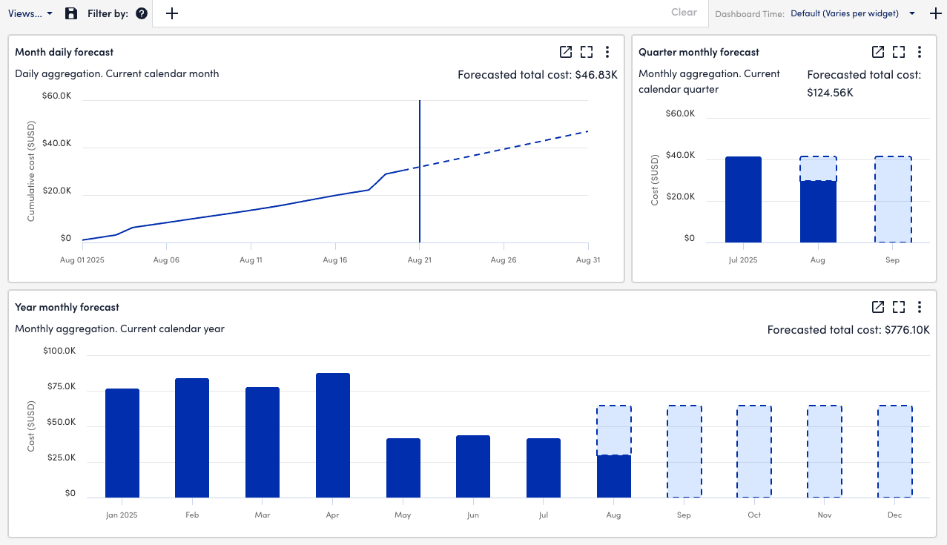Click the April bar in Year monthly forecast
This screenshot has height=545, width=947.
[x=332, y=435]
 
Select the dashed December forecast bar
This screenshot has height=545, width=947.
[x=894, y=452]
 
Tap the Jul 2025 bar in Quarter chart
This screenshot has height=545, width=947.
[x=743, y=199]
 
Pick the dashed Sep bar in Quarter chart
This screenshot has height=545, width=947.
[x=892, y=199]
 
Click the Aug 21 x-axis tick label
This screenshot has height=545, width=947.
[x=420, y=260]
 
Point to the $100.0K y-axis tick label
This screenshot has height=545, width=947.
[x=60, y=351]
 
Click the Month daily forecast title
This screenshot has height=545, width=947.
[x=65, y=52]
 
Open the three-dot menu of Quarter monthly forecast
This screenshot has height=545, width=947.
[x=920, y=52]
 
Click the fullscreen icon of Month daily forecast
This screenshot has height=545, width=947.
[x=587, y=52]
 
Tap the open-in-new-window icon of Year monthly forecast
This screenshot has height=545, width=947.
[x=877, y=307]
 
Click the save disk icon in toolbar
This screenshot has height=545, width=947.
[x=71, y=13]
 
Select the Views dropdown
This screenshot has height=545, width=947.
[x=30, y=13]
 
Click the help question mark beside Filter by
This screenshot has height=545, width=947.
[x=142, y=13]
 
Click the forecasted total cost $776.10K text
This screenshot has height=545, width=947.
[x=848, y=330]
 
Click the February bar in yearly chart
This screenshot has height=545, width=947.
[x=192, y=438]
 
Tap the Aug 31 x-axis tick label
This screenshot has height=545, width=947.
[x=587, y=260]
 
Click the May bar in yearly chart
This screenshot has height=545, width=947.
[x=403, y=468]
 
